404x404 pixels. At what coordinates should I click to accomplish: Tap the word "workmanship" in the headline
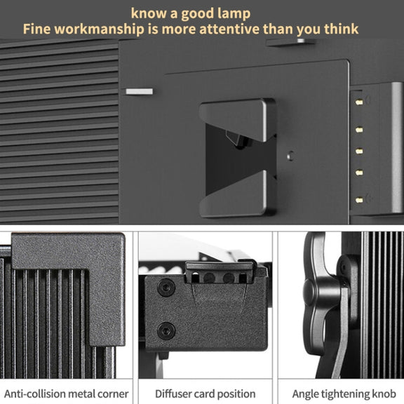pyautogui.click(x=99, y=29)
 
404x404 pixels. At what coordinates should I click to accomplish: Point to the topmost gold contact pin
pyautogui.click(x=359, y=102)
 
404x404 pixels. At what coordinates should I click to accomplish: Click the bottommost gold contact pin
pyautogui.click(x=359, y=200)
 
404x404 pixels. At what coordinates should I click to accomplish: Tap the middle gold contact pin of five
pyautogui.click(x=359, y=151)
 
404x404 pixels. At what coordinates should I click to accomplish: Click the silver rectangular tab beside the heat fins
pyautogui.click(x=139, y=91)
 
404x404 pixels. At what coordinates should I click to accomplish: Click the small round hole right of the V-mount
pyautogui.click(x=290, y=156)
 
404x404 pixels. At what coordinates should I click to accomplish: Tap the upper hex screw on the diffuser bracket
pyautogui.click(x=166, y=287)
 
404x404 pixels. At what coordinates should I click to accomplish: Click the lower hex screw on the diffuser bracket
pyautogui.click(x=166, y=331)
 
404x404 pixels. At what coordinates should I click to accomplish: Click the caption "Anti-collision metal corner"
pyautogui.click(x=66, y=393)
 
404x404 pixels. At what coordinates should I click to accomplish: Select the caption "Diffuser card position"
pyautogui.click(x=205, y=393)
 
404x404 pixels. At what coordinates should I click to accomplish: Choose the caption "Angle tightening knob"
pyautogui.click(x=344, y=393)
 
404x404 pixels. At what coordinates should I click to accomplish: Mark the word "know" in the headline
pyautogui.click(x=149, y=13)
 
